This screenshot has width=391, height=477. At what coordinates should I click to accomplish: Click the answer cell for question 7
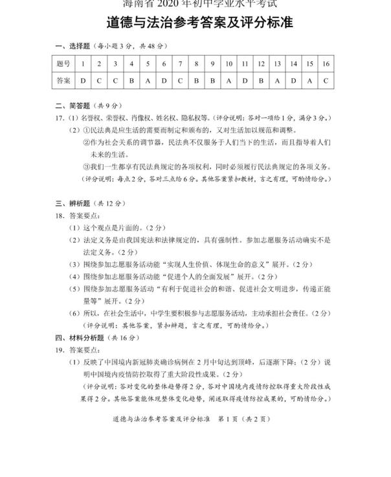tap(180, 81)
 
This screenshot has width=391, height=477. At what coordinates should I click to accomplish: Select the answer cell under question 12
tap(261, 81)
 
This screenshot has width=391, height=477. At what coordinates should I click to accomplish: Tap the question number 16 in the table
tap(326, 64)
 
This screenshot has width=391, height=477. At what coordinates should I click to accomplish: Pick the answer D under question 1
tap(84, 81)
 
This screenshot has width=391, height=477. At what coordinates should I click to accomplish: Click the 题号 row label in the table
tap(63, 64)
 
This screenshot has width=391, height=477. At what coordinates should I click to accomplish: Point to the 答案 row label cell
tap(63, 81)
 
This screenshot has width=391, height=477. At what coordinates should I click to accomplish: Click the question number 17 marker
tap(60, 118)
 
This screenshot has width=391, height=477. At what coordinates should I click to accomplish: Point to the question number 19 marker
tap(60, 350)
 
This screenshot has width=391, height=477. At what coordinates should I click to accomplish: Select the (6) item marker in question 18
tap(75, 313)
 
